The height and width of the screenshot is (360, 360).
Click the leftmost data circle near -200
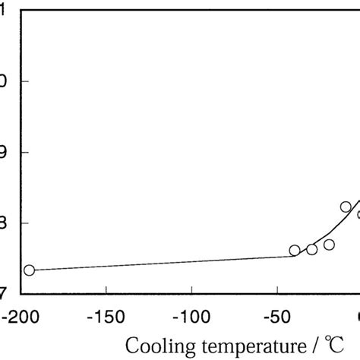29,270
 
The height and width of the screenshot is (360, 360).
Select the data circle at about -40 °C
295,250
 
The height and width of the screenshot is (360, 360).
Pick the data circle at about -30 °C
311,249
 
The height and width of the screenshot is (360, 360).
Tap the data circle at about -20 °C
329,245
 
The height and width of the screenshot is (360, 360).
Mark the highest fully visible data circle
346,207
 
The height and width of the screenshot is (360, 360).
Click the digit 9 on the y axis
3,152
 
